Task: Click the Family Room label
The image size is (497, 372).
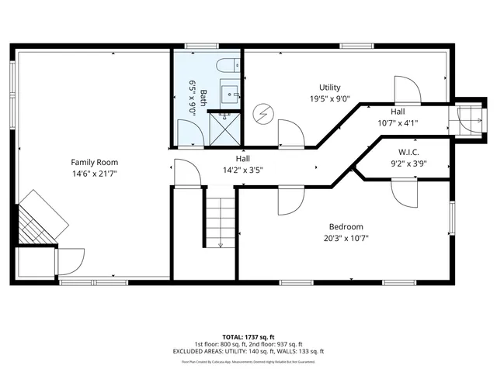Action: (94, 162)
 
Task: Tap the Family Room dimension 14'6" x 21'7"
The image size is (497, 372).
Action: (94, 174)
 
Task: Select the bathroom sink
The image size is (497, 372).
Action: (231, 95)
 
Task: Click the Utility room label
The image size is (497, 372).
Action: (329, 88)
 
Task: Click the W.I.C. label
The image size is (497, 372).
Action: (408, 152)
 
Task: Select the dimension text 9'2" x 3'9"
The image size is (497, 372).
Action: (408, 164)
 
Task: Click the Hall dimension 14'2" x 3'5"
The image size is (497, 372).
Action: (242, 170)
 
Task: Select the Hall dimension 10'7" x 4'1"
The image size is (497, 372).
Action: (398, 122)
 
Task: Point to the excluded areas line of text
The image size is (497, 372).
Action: (248, 351)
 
